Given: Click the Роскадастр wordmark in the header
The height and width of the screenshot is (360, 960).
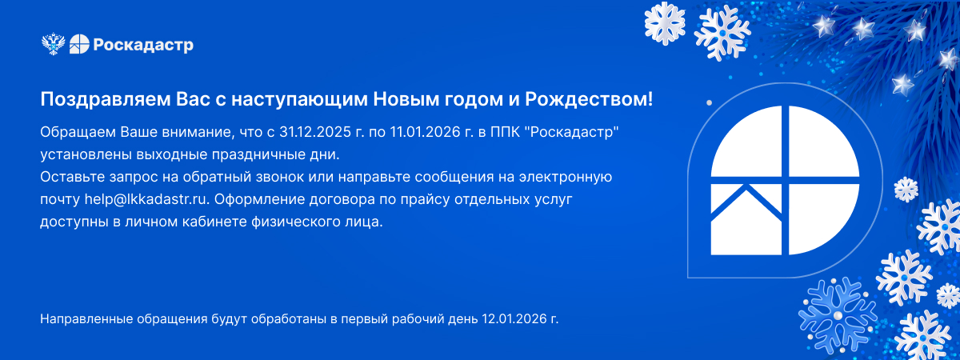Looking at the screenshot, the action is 143,45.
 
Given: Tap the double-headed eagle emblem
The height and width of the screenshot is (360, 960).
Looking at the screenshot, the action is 53,44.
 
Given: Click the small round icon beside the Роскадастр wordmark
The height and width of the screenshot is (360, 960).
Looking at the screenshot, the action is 79,44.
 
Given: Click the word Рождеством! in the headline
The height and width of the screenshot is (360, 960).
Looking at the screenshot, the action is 589,100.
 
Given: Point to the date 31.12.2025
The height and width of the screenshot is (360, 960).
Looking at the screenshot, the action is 315,132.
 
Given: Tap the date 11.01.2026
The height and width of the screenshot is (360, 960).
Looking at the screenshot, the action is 425,132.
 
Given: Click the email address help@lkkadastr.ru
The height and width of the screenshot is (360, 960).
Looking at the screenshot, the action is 146,199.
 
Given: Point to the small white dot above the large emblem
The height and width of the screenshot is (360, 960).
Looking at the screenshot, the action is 710,103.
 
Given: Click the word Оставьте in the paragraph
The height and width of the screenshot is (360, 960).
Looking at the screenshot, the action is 72,177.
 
